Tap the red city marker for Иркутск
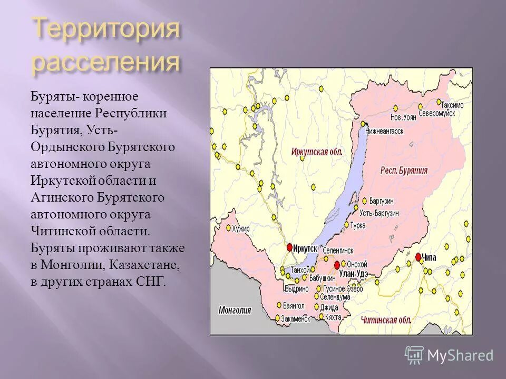coord(289,247)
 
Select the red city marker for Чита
coord(419,257)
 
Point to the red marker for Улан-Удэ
coord(337,265)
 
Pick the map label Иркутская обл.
coord(317,152)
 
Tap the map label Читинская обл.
coord(386,319)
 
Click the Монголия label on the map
coord(235,310)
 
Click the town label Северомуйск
coord(437,113)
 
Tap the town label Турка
coord(373,225)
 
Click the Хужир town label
coord(241,229)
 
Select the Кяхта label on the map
coord(333,317)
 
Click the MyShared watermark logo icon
coord(414,355)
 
